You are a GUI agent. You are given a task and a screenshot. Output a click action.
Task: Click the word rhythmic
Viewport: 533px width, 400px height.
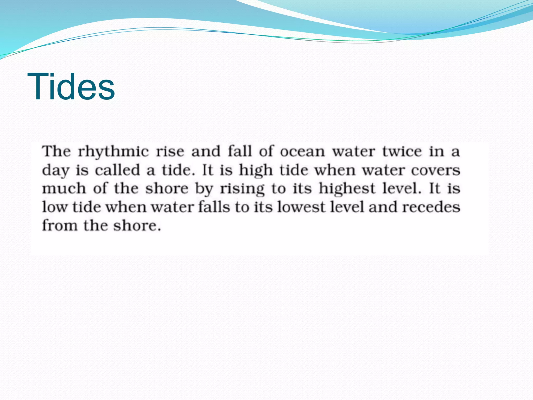point(113,152)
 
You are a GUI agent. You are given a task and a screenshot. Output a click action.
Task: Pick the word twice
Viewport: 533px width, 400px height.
point(402,152)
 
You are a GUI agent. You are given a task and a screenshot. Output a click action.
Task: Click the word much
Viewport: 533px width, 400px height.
point(64,189)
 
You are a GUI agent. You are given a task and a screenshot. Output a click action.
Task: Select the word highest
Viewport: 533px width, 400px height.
point(347,189)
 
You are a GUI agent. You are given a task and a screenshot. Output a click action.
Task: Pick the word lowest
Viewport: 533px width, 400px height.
point(301,207)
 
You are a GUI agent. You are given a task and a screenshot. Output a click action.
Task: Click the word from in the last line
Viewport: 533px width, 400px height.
point(60,225)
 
